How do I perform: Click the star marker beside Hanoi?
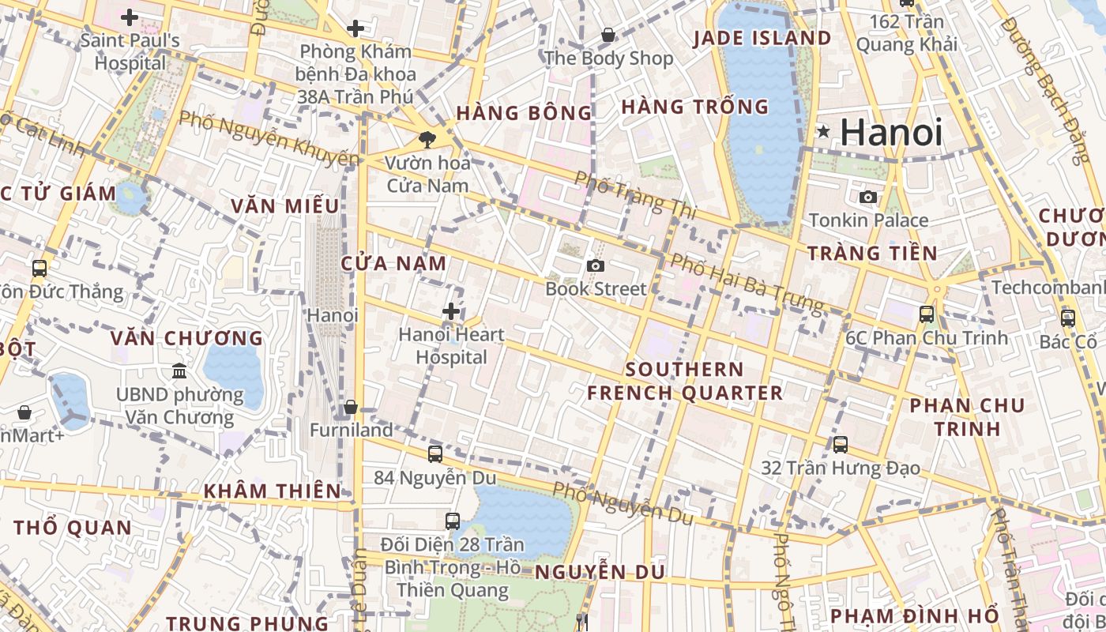(x=824, y=131)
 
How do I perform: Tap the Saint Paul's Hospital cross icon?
(x=130, y=17)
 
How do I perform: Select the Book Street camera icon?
(x=596, y=266)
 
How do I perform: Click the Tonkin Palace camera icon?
(x=867, y=197)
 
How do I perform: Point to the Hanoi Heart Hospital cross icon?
(x=451, y=311)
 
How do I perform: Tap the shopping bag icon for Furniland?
(x=351, y=407)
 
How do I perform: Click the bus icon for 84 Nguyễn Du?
(x=434, y=453)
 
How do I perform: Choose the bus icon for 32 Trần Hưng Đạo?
(x=840, y=445)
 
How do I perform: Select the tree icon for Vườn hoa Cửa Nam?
(x=427, y=140)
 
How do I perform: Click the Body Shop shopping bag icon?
(x=608, y=35)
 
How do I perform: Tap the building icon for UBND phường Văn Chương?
(x=179, y=371)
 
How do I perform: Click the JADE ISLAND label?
(x=762, y=38)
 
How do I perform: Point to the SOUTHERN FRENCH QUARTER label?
(x=684, y=381)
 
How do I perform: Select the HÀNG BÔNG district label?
(x=524, y=113)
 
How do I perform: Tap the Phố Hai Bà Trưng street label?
(x=746, y=283)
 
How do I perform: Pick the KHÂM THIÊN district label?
(x=272, y=491)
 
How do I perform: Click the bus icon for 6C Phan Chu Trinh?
(x=927, y=314)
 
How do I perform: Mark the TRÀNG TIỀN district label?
(x=871, y=254)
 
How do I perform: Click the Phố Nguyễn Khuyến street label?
(x=268, y=139)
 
